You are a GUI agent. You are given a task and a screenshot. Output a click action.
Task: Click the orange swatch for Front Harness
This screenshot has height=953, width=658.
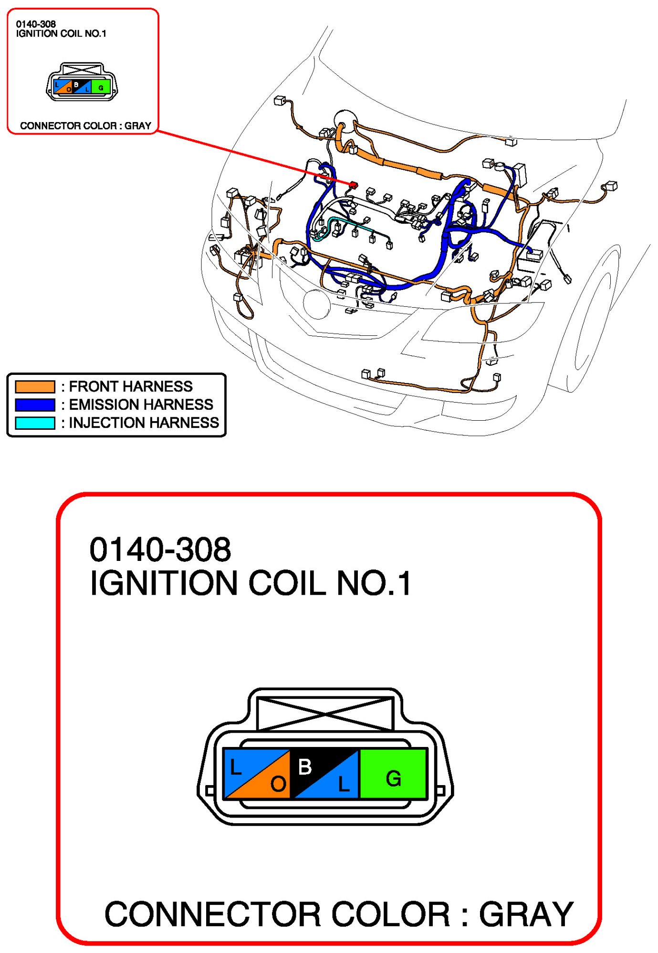(x=35, y=386)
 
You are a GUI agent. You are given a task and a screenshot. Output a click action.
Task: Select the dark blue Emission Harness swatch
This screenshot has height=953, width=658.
(x=35, y=404)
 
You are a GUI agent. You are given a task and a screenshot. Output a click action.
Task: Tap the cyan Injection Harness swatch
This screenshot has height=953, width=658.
(x=35, y=423)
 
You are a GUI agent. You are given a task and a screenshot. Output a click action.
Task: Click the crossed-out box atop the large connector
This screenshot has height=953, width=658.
(x=325, y=714)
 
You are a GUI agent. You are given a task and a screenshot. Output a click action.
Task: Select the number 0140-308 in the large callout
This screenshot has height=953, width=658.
(x=160, y=549)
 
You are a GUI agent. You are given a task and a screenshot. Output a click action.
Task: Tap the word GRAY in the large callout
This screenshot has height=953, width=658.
(x=526, y=914)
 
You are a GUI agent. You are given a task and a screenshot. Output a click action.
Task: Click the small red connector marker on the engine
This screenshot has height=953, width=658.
(x=354, y=185)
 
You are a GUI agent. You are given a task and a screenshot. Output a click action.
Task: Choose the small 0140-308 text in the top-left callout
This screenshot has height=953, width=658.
(x=36, y=24)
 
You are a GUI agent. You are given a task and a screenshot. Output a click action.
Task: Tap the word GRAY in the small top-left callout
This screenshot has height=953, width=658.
(x=138, y=126)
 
